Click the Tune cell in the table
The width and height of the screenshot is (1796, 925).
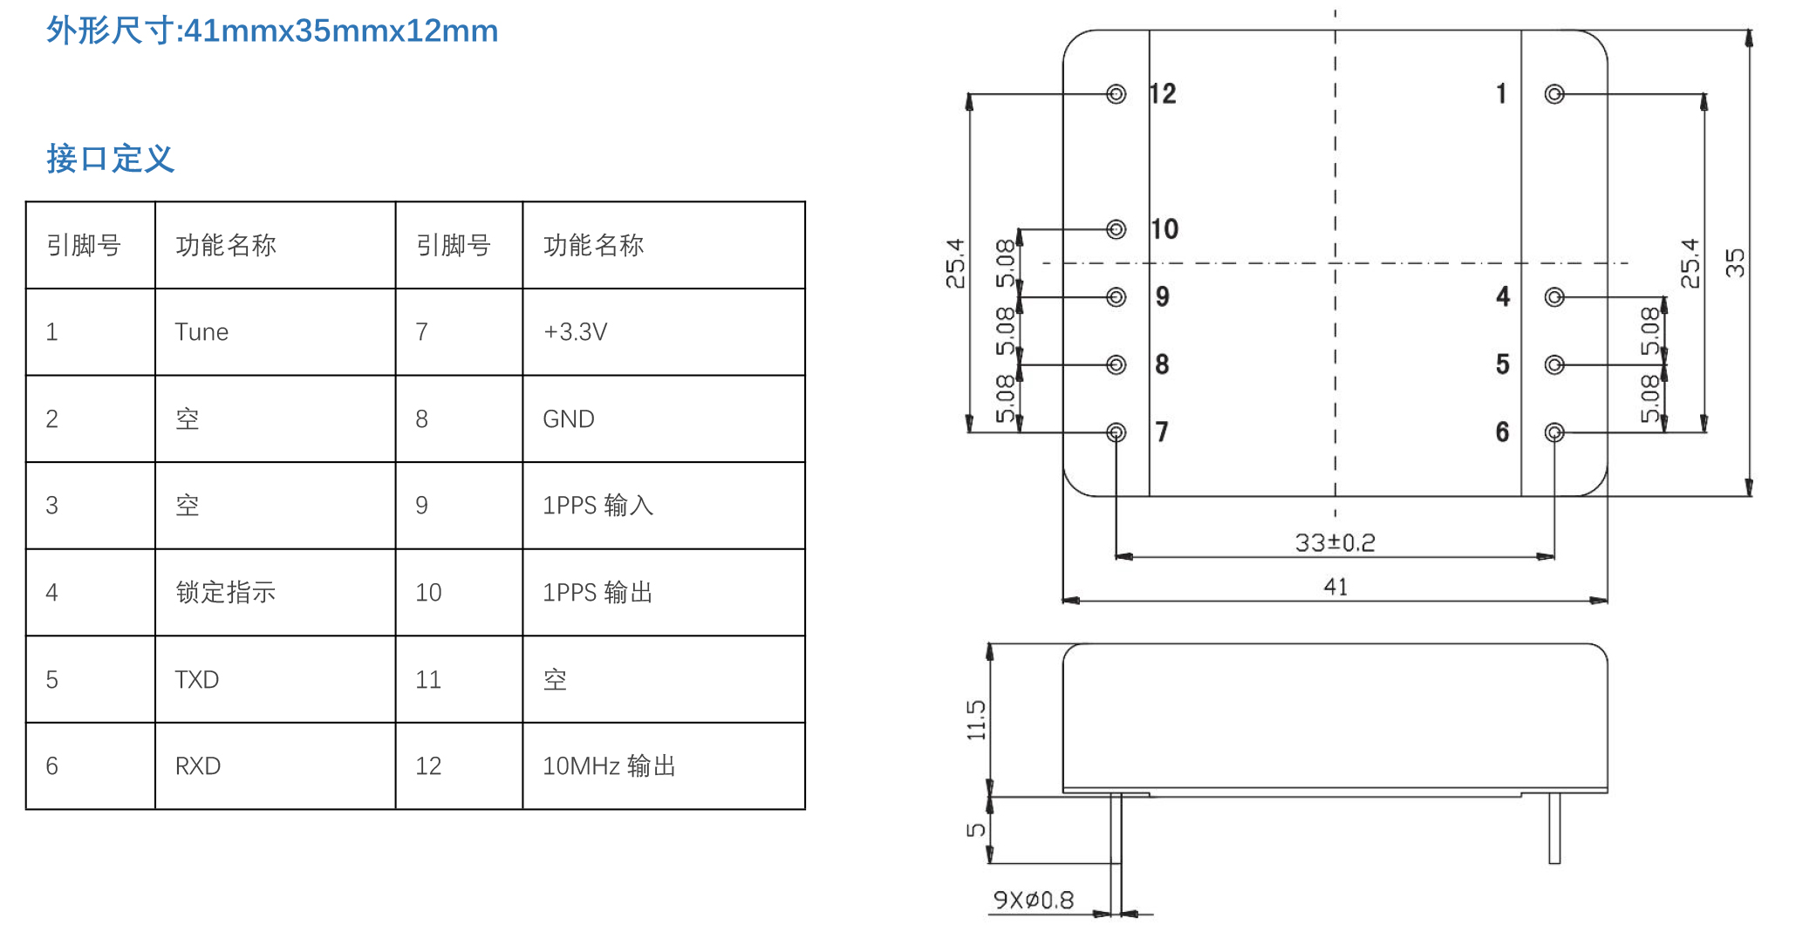pyautogui.click(x=201, y=332)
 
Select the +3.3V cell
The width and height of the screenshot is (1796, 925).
pyautogui.click(x=575, y=332)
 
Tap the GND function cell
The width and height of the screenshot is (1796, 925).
pyautogui.click(x=569, y=419)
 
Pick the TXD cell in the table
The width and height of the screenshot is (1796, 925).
pyautogui.click(x=197, y=680)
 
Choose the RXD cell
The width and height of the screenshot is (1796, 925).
pyautogui.click(x=198, y=766)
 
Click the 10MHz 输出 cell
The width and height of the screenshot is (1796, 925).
pyautogui.click(x=609, y=766)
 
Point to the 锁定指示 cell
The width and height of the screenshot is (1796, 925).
pyautogui.click(x=226, y=593)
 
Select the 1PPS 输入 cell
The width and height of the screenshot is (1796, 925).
pyautogui.click(x=598, y=506)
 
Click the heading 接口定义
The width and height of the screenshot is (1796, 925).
pyautogui.click(x=111, y=159)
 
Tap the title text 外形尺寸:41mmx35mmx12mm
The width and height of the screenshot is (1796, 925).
pyautogui.click(x=272, y=31)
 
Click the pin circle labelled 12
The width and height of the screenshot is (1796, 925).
pyautogui.click(x=1116, y=94)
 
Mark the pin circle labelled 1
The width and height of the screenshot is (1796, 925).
pyautogui.click(x=1554, y=94)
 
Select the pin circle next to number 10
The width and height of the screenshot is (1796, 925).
pyautogui.click(x=1116, y=229)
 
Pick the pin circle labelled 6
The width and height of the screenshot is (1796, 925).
pyautogui.click(x=1554, y=432)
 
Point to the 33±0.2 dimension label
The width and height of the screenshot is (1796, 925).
pyautogui.click(x=1335, y=543)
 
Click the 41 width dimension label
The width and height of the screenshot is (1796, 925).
pyautogui.click(x=1335, y=587)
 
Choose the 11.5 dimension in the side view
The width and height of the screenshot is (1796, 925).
pyautogui.click(x=976, y=719)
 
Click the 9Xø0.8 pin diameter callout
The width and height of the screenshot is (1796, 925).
pyautogui.click(x=1034, y=900)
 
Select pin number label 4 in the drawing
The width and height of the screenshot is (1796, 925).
pyautogui.click(x=1503, y=297)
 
